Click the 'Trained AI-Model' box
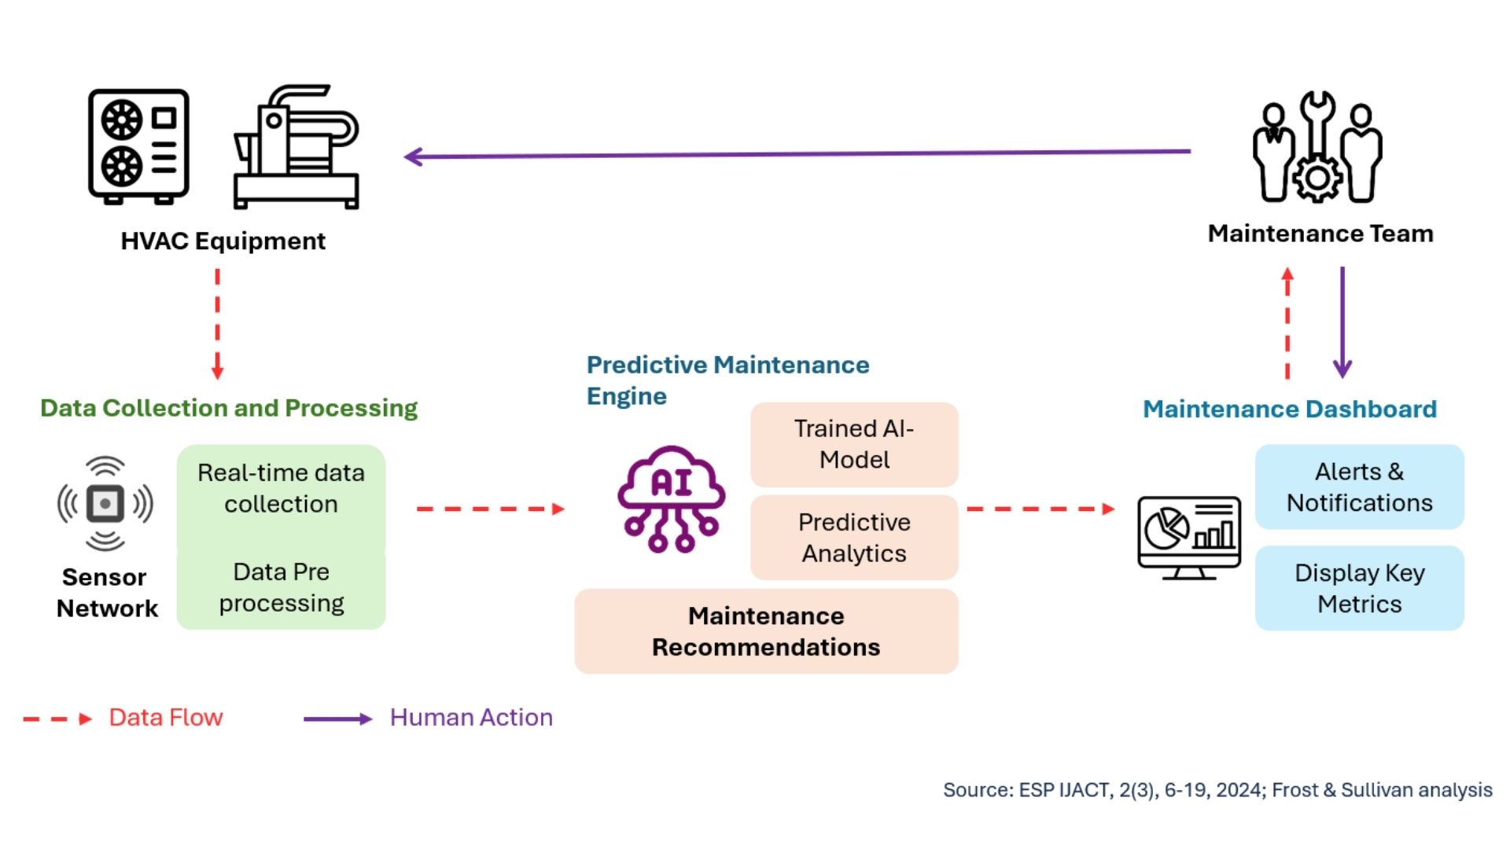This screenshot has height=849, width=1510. pyautogui.click(x=854, y=444)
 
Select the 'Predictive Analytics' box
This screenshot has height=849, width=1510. pyautogui.click(x=854, y=538)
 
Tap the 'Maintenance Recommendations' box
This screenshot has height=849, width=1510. pyautogui.click(x=766, y=631)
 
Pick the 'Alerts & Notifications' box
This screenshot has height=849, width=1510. pyautogui.click(x=1359, y=487)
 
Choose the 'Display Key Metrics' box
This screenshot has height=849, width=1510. pyautogui.click(x=1359, y=588)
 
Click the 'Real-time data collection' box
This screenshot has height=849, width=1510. pyautogui.click(x=281, y=488)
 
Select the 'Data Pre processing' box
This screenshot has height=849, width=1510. pyautogui.click(x=281, y=587)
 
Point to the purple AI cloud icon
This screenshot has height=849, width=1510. pyautogui.click(x=671, y=498)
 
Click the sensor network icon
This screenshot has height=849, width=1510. pyautogui.click(x=105, y=503)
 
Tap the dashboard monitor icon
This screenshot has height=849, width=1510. pyautogui.click(x=1188, y=537)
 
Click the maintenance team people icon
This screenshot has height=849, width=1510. pyautogui.click(x=1317, y=148)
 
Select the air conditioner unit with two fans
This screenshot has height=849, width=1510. pyautogui.click(x=138, y=145)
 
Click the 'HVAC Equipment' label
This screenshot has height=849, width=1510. pyautogui.click(x=223, y=241)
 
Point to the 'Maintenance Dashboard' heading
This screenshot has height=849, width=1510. pyautogui.click(x=1289, y=409)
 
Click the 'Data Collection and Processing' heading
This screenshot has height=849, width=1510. pyautogui.click(x=229, y=408)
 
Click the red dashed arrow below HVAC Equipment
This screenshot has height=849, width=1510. pyautogui.click(x=218, y=323)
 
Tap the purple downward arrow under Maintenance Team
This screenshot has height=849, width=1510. pyautogui.click(x=1342, y=322)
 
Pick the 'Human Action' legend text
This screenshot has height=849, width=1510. pyautogui.click(x=471, y=717)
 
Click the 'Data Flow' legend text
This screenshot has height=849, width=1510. pyautogui.click(x=165, y=717)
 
